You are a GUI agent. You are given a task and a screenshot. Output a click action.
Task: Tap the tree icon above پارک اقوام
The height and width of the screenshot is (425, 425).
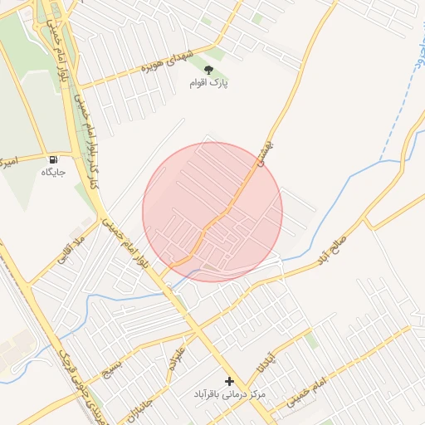(208, 70)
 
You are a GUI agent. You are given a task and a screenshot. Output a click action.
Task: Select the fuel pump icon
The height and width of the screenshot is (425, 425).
(54, 159)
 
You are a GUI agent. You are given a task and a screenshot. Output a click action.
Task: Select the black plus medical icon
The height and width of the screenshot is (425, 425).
(230, 381)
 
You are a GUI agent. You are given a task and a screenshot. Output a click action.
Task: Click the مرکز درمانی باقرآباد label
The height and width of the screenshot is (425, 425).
(230, 394)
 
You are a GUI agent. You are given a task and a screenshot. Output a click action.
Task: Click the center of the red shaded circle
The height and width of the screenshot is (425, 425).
(212, 212)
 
